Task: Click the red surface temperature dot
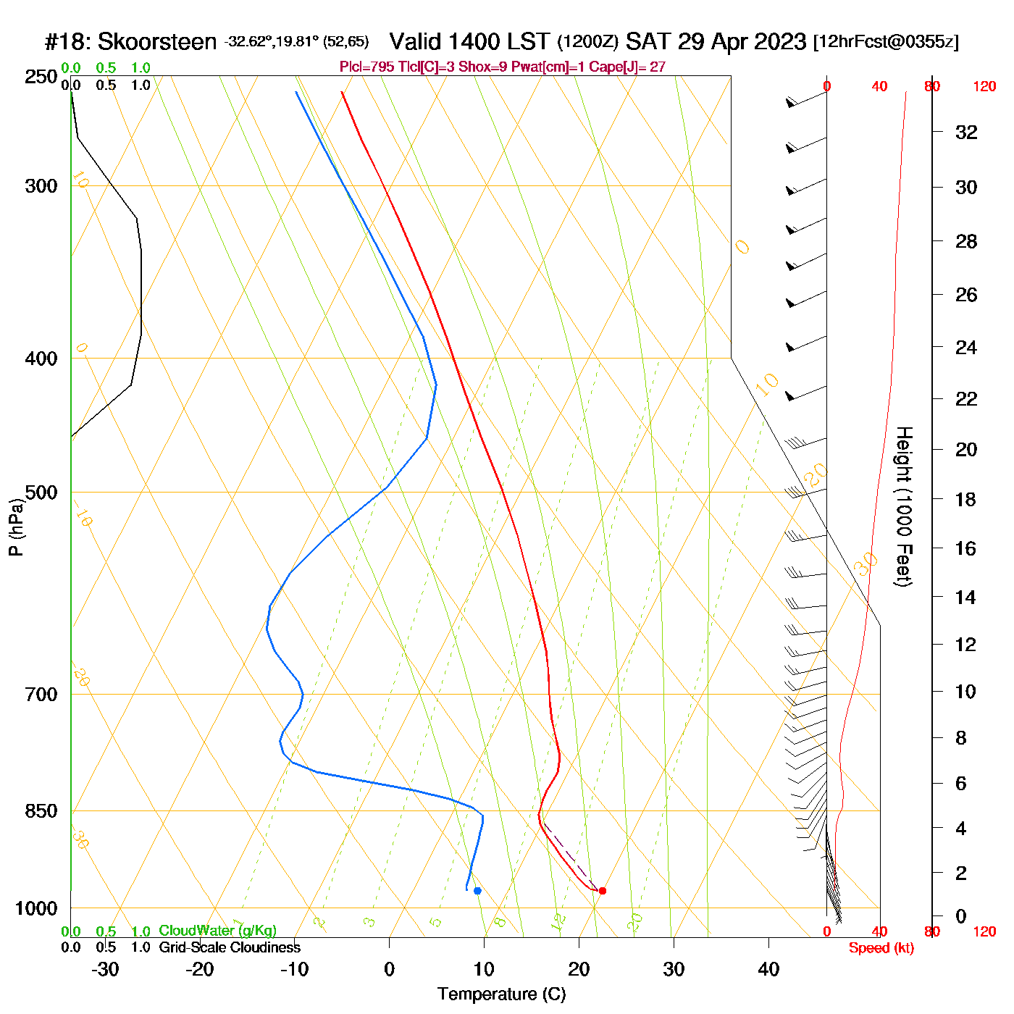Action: tap(602, 891)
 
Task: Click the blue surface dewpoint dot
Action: tap(477, 891)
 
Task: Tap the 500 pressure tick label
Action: tap(41, 493)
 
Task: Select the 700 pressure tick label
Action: tap(41, 695)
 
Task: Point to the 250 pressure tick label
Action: tap(41, 77)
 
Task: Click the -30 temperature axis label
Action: tap(105, 969)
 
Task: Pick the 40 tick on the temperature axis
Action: tap(768, 969)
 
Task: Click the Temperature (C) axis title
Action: tap(501, 994)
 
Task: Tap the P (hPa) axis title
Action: tap(16, 527)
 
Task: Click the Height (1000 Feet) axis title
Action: tap(904, 506)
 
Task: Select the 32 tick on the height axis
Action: tap(966, 133)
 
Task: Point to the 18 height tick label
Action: tap(966, 499)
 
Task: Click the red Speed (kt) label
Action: tap(881, 948)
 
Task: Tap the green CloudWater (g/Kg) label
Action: tap(217, 931)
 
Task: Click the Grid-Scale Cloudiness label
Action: tap(230, 947)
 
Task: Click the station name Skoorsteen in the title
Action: tap(156, 42)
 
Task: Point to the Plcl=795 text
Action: tap(367, 67)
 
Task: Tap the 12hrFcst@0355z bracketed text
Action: tap(886, 42)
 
